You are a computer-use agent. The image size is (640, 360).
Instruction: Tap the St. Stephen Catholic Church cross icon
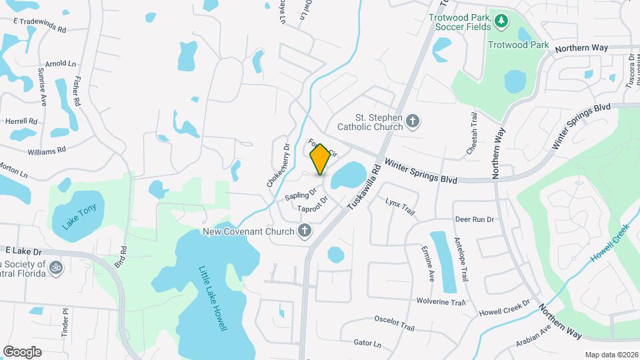[x=413, y=121]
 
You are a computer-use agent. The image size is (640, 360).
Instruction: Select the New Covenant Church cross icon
[x=305, y=231]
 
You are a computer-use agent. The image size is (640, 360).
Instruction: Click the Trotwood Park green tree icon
[x=501, y=22]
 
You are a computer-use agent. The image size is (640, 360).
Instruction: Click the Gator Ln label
[x=367, y=344]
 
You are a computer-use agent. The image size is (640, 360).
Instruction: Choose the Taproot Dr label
[x=313, y=204]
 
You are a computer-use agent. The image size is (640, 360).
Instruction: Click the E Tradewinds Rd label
[x=41, y=29]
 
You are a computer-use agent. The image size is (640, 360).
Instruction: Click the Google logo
[x=22, y=351]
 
